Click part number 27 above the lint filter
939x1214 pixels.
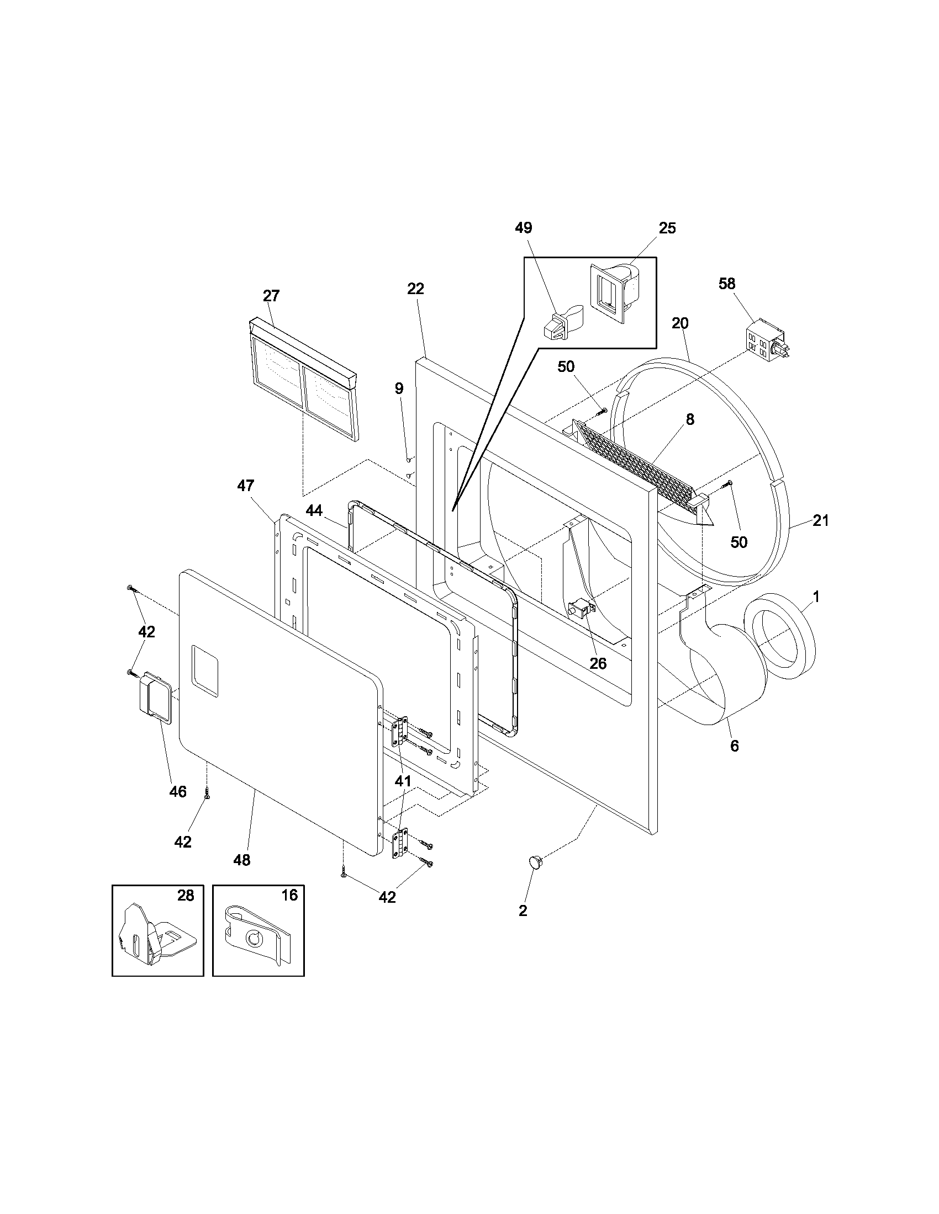[x=271, y=296]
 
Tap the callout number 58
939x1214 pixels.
[x=726, y=284]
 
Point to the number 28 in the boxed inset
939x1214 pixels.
[x=186, y=896]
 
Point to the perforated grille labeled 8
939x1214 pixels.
[x=634, y=464]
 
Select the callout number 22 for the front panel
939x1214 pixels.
[x=415, y=289]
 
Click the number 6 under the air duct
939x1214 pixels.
[x=734, y=746]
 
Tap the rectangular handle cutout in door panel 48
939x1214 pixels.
[x=204, y=670]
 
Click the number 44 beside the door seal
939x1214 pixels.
[x=314, y=511]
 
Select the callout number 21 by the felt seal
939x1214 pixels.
[x=820, y=520]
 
